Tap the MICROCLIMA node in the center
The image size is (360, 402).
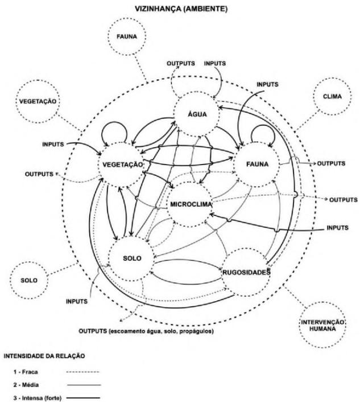(x=191, y=203)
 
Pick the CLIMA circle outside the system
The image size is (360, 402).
(x=334, y=97)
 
